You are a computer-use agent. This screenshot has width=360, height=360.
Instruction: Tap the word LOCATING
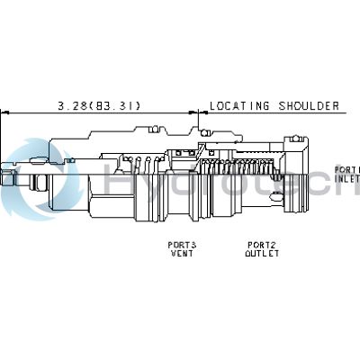(238, 105)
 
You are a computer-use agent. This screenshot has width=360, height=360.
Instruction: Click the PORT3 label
(182, 245)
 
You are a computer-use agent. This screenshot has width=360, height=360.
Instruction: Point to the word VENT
(182, 254)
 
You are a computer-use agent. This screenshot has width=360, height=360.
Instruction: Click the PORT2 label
(262, 245)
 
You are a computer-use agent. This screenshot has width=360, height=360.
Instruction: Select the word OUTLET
(262, 254)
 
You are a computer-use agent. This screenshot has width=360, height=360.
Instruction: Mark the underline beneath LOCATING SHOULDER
(274, 113)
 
